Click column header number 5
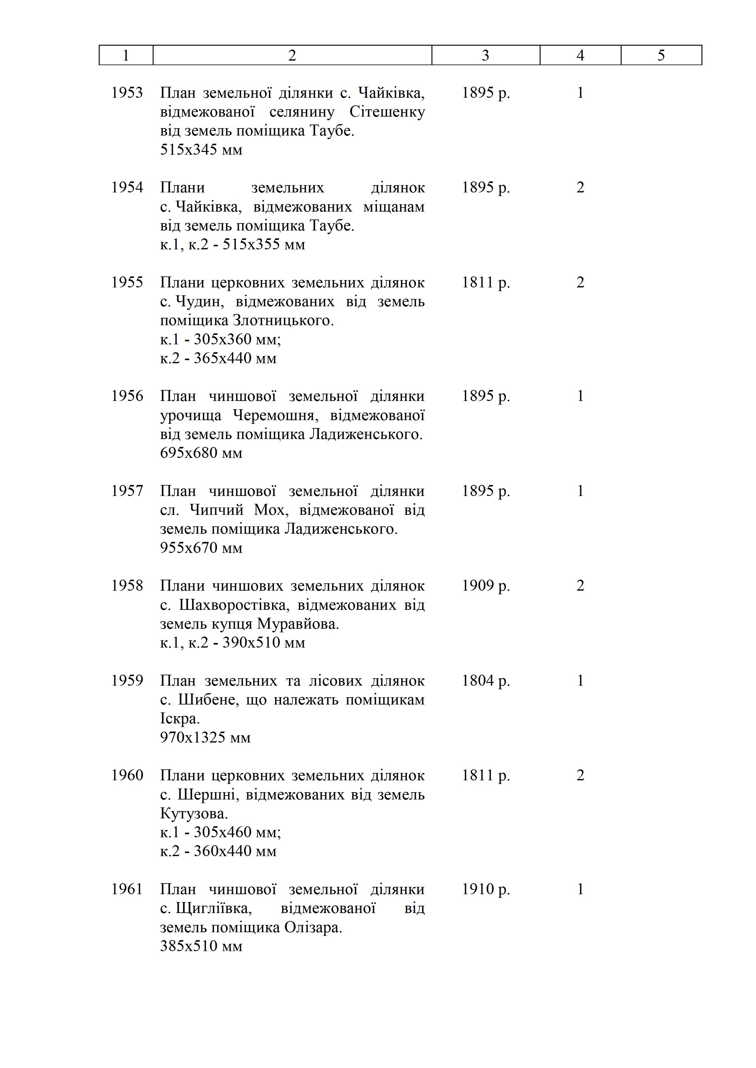(x=661, y=55)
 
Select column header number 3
(x=485, y=55)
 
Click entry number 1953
(x=127, y=93)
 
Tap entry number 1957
(x=127, y=491)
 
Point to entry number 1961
(x=127, y=889)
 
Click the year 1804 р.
(x=485, y=680)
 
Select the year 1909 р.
(x=485, y=586)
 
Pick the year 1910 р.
(x=485, y=889)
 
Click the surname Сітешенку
(x=387, y=112)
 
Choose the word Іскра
(x=180, y=719)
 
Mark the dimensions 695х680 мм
(x=201, y=453)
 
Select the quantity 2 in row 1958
(x=580, y=586)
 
